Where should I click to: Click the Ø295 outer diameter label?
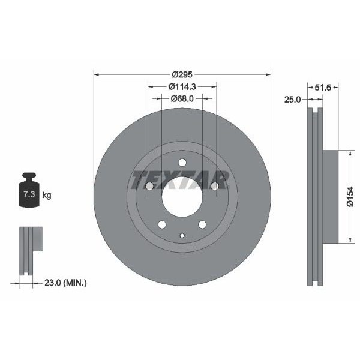tap(182, 74)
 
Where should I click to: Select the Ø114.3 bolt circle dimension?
tap(182, 86)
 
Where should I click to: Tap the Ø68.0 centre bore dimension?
tap(182, 98)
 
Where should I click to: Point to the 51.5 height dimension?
tap(323, 87)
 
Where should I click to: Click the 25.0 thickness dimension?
tap(292, 100)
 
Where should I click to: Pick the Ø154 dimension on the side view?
tap(350, 197)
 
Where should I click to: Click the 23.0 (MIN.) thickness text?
tap(65, 283)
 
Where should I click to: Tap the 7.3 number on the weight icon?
tap(29, 194)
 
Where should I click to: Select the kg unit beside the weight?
tap(47, 196)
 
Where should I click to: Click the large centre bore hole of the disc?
tap(182, 197)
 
